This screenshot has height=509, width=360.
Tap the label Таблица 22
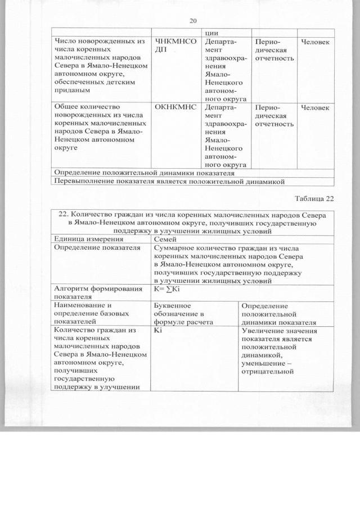tap(314, 199)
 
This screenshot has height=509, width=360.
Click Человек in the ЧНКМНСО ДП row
tap(316, 42)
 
